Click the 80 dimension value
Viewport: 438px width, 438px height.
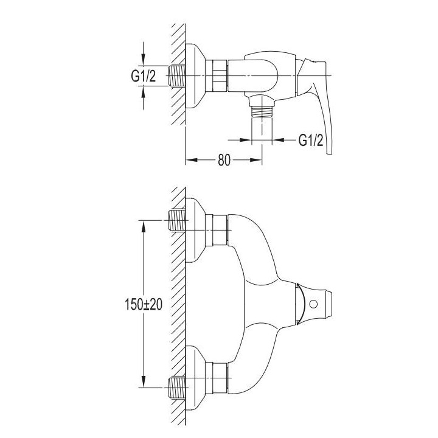[224, 160]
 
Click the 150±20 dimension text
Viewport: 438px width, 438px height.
[144, 304]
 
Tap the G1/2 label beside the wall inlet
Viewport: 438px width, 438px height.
[144, 75]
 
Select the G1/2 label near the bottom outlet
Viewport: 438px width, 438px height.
[311, 140]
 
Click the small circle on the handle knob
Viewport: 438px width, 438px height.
[313, 304]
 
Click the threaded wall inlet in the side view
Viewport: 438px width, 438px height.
[178, 75]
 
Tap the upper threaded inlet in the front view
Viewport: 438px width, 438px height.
[178, 220]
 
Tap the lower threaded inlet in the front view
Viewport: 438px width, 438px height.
[178, 388]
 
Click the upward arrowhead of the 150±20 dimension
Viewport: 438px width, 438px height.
[144, 227]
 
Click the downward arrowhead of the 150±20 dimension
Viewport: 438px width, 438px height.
[144, 381]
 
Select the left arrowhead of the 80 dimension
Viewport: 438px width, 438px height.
[192, 160]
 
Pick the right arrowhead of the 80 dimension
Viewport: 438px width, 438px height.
[256, 160]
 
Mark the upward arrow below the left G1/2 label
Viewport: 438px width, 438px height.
[144, 98]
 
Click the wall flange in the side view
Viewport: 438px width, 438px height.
[195, 75]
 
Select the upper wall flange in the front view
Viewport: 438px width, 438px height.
[195, 230]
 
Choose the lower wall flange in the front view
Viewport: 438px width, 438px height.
[195, 378]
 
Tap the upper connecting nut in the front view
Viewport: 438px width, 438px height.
[220, 230]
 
